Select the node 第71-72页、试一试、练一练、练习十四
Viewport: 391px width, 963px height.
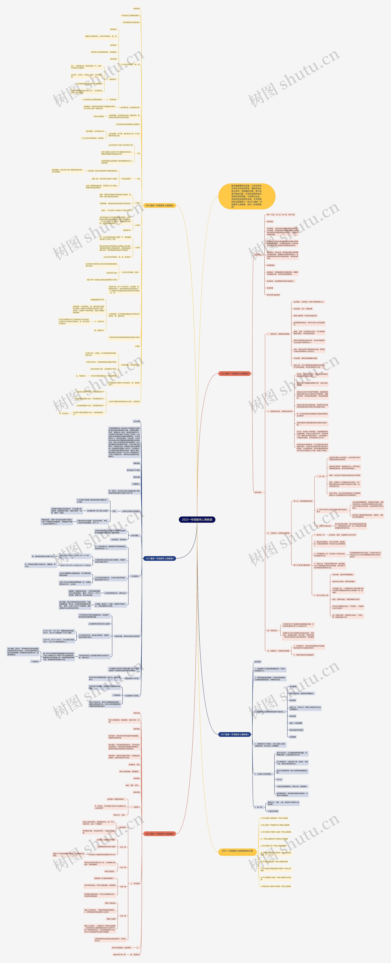(280, 215)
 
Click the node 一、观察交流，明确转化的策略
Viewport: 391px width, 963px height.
(278, 334)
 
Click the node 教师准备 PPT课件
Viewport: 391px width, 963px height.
(133, 470)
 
